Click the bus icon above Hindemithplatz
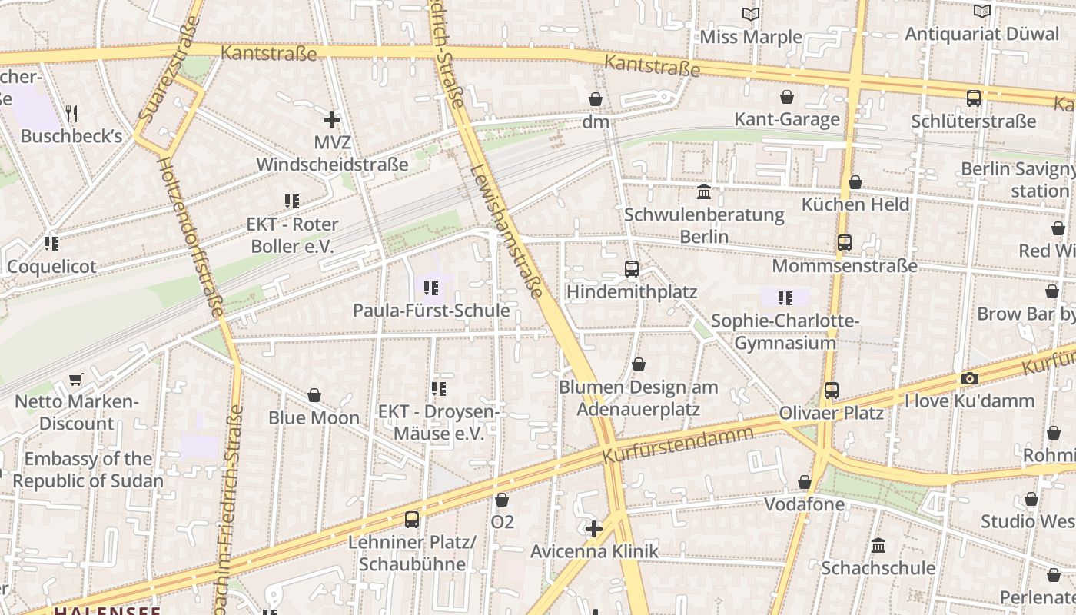[632, 269]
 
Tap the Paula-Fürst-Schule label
[430, 311]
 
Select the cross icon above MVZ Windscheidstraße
[332, 120]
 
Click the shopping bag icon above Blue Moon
[314, 395]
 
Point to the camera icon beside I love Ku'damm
[969, 378]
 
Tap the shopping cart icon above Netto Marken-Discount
[75, 379]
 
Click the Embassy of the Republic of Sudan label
[88, 470]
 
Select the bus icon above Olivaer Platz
[831, 390]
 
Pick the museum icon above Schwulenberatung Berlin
[704, 191]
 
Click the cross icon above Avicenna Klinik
[594, 529]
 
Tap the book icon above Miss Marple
[751, 14]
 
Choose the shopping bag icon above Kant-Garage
[787, 97]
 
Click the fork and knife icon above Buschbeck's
[71, 114]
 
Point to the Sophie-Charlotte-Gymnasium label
[785, 331]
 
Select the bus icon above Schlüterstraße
[974, 98]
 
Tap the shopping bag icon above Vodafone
[805, 482]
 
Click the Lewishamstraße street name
[506, 230]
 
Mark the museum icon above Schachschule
[878, 545]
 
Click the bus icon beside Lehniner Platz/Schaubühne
[412, 519]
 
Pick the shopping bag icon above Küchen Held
[855, 182]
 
